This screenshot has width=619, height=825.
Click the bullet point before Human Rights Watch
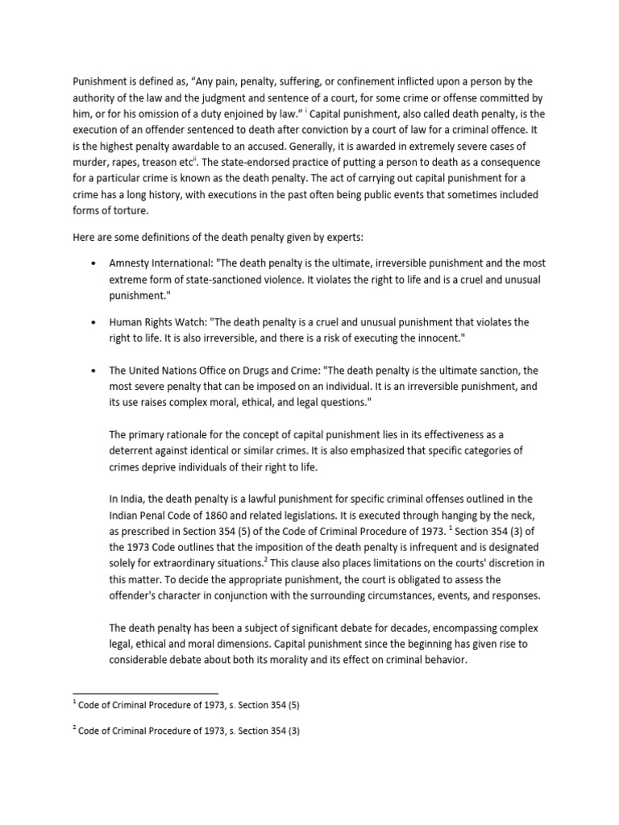[96, 322]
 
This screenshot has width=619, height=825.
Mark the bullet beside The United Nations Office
[96, 371]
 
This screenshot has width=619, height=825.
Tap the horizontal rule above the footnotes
[145, 692]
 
